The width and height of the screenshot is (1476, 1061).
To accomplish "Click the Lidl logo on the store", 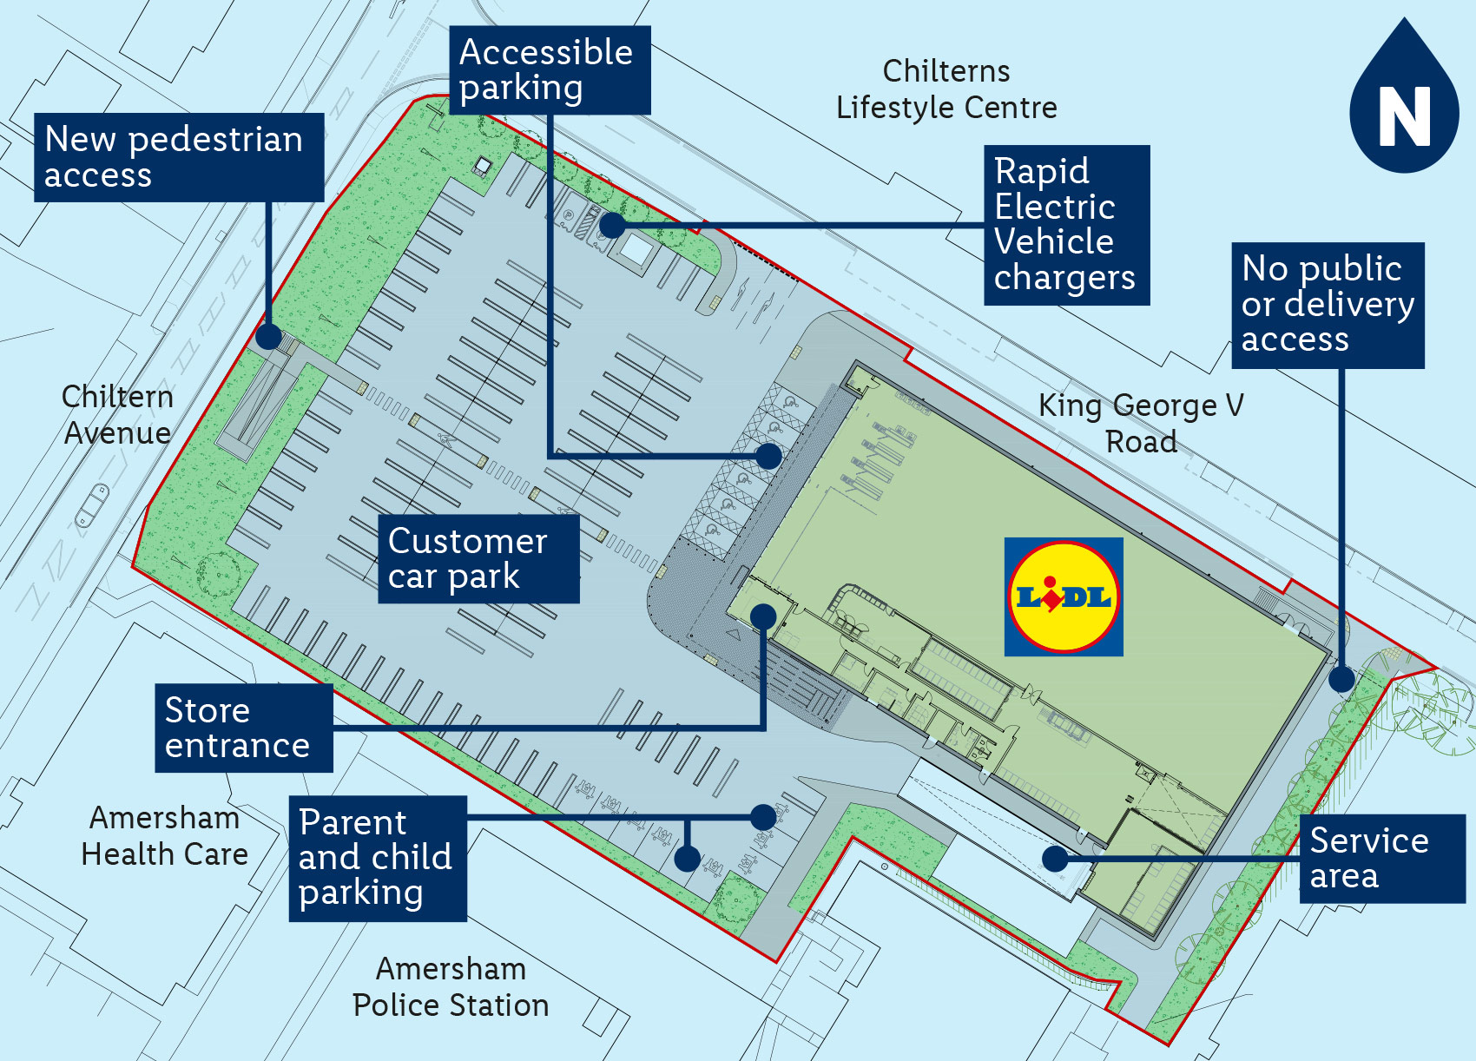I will [x=1064, y=596].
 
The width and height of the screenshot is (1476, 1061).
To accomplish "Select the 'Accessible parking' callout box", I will [x=549, y=69].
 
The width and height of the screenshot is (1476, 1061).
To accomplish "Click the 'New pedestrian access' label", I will [x=179, y=157].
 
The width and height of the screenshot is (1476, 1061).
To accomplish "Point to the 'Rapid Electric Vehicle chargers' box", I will [x=1066, y=225].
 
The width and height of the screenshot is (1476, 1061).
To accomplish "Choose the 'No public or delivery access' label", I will [x=1328, y=305].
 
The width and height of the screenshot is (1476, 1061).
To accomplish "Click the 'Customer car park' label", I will [x=478, y=558].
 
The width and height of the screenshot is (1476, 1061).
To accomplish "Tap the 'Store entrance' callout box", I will [x=243, y=728].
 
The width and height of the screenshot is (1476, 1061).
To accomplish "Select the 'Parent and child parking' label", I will [x=378, y=858].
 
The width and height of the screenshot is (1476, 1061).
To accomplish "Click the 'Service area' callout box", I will [x=1381, y=858].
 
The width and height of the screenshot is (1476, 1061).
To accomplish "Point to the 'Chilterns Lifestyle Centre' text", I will [x=946, y=89].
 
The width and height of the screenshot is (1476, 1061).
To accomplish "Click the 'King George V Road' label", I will [x=1141, y=423].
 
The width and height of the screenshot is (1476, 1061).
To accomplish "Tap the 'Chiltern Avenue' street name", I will [x=117, y=414].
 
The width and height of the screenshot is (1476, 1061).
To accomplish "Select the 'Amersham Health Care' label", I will [x=164, y=835].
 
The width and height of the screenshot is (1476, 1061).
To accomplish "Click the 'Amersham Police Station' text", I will [x=451, y=986].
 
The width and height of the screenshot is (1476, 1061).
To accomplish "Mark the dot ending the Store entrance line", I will [x=763, y=616].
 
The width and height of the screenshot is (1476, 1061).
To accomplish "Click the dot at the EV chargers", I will [x=612, y=225].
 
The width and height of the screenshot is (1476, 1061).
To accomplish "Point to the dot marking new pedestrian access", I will [x=269, y=337].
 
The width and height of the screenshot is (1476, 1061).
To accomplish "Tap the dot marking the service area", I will [x=1055, y=859].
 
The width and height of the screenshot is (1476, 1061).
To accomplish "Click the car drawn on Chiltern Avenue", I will [x=92, y=506].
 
